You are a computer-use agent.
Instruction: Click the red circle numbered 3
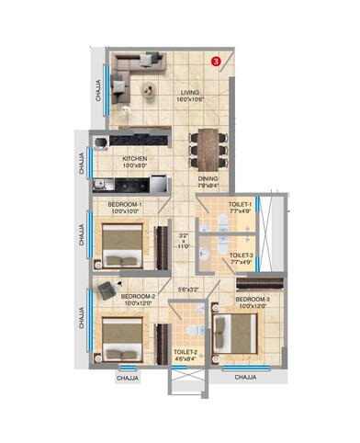tap(215, 62)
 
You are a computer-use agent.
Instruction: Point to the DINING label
tap(208, 180)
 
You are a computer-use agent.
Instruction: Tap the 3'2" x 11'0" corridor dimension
tap(184, 241)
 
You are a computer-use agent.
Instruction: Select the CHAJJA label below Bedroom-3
tap(246, 377)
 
